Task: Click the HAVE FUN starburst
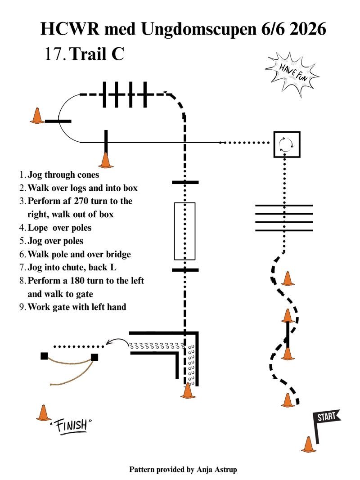[x=292, y=74]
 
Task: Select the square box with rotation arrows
[x=287, y=144]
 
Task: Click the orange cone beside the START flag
[x=309, y=444]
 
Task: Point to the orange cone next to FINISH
[x=44, y=413]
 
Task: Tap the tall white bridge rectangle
[x=184, y=231]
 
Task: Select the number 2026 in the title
[x=307, y=29]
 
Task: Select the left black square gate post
[x=45, y=356]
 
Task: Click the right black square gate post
[x=94, y=357]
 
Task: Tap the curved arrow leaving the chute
[x=117, y=340]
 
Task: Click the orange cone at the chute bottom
[x=188, y=390]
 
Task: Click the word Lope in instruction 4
[x=38, y=228]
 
